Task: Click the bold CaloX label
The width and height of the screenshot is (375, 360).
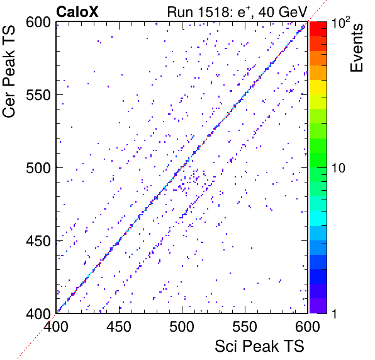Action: coord(77,12)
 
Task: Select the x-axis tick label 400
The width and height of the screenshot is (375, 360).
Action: coord(56,326)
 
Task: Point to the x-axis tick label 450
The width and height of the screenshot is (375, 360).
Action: coord(119,326)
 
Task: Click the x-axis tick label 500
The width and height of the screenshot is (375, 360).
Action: coord(182,326)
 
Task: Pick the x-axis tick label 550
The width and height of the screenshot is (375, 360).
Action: coord(245,326)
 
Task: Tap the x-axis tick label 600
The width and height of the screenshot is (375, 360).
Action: coord(308,326)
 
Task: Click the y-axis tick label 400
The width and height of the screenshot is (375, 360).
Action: coord(38,313)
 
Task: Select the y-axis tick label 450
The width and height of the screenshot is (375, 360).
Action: coord(38,240)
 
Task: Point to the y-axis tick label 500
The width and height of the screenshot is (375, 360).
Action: coord(38,168)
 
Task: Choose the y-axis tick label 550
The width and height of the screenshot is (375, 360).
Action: coord(38,95)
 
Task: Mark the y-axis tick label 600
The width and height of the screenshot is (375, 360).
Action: coord(38,23)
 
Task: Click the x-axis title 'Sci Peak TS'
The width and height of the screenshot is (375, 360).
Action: coord(259,346)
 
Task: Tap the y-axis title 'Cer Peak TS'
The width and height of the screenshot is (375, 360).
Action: coord(9,71)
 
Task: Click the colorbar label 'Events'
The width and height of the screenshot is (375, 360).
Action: coord(357,48)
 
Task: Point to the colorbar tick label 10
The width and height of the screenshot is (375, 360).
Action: coord(339,168)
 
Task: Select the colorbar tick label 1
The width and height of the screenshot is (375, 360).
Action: coord(334,313)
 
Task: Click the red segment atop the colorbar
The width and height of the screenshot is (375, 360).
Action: coord(318,29)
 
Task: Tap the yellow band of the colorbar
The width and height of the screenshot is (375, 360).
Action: coord(318,87)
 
